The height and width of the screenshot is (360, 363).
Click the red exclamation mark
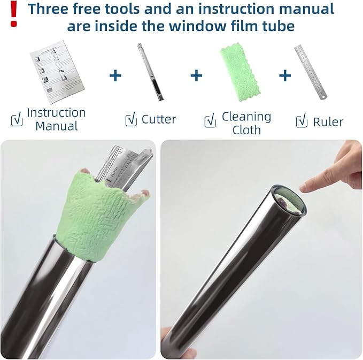click(13, 13)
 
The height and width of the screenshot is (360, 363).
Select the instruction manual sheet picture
click(57, 72)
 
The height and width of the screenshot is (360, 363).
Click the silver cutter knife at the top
click(150, 72)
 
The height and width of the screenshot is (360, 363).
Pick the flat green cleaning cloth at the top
click(240, 72)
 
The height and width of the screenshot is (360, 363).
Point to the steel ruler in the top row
click(311, 72)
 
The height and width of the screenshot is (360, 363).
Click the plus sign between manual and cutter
click(115, 75)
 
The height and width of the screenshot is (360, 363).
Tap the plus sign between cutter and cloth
click(196, 75)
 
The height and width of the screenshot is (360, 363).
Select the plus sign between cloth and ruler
click(285, 75)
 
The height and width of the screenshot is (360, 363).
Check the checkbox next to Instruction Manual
click(17, 119)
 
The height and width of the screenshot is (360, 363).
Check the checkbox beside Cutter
click(131, 119)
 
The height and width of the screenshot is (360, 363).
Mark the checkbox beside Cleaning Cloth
click(210, 120)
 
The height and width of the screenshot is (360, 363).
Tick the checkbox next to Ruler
click(302, 120)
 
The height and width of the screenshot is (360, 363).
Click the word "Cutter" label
click(159, 119)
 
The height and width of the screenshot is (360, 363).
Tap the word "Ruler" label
click(328, 122)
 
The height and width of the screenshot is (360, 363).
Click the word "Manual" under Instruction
click(57, 126)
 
